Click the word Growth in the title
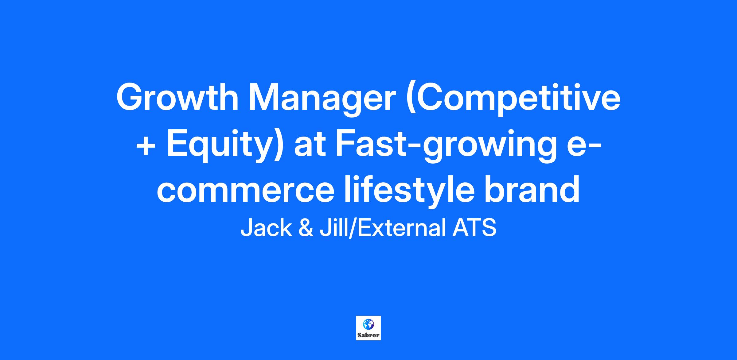(x=177, y=98)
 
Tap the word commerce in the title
(x=245, y=190)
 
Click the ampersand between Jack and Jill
(x=306, y=228)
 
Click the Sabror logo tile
(x=368, y=328)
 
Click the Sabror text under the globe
(x=368, y=335)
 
